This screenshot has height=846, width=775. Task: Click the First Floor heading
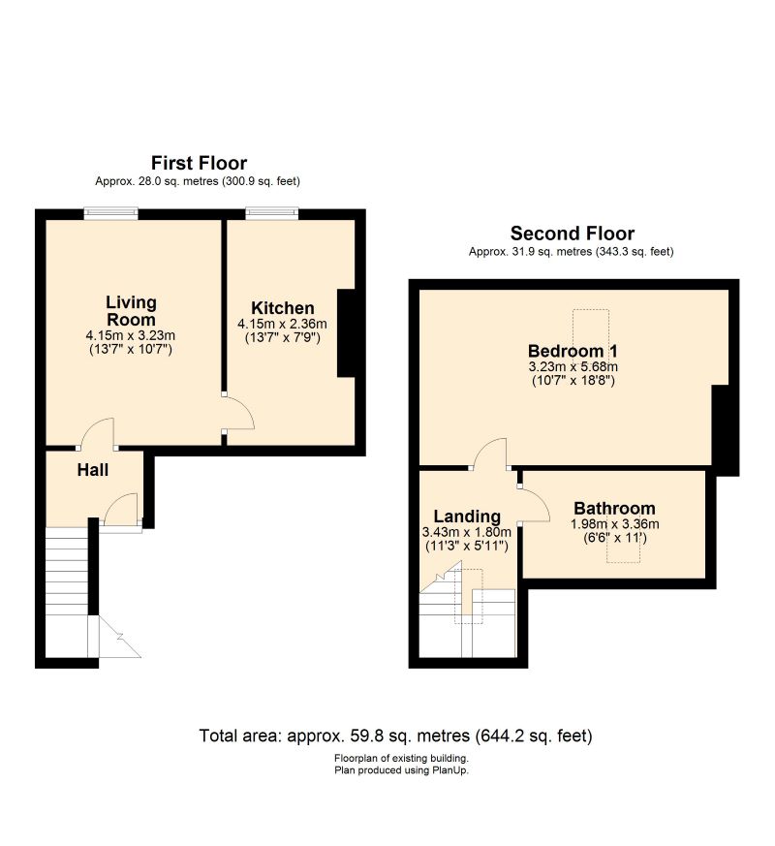[x=199, y=163]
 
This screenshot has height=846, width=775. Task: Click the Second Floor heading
[x=573, y=234]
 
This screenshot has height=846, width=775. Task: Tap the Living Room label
[x=131, y=311]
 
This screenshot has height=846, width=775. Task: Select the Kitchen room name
[x=283, y=308]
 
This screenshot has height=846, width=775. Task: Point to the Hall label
[x=93, y=470]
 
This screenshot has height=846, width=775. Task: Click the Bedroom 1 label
[x=573, y=351]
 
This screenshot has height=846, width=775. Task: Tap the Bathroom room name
[x=614, y=508]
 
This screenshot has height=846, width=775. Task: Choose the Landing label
[x=467, y=517]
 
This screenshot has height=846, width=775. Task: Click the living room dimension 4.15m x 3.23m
[x=131, y=335]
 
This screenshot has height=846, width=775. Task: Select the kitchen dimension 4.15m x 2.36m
[x=282, y=325]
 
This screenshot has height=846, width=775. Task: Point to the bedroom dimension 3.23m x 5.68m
[x=573, y=367]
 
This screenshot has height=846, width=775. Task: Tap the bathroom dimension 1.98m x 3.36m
[x=614, y=524]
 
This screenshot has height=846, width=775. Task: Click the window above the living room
[x=110, y=213]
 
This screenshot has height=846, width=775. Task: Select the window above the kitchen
[x=272, y=213]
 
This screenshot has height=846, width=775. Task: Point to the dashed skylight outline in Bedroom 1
[x=591, y=340]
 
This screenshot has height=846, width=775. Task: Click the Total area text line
[x=396, y=736]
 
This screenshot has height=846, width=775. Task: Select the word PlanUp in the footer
[x=449, y=770]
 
